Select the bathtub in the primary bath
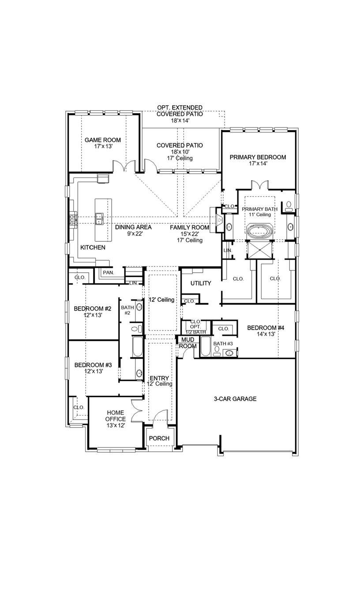(259, 231)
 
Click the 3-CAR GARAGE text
(235, 399)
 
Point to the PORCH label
(159, 438)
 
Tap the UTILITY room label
(201, 283)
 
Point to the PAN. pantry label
(108, 273)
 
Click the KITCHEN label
(93, 248)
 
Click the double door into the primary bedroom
(259, 184)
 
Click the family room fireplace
(217, 220)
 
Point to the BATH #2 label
(127, 310)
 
